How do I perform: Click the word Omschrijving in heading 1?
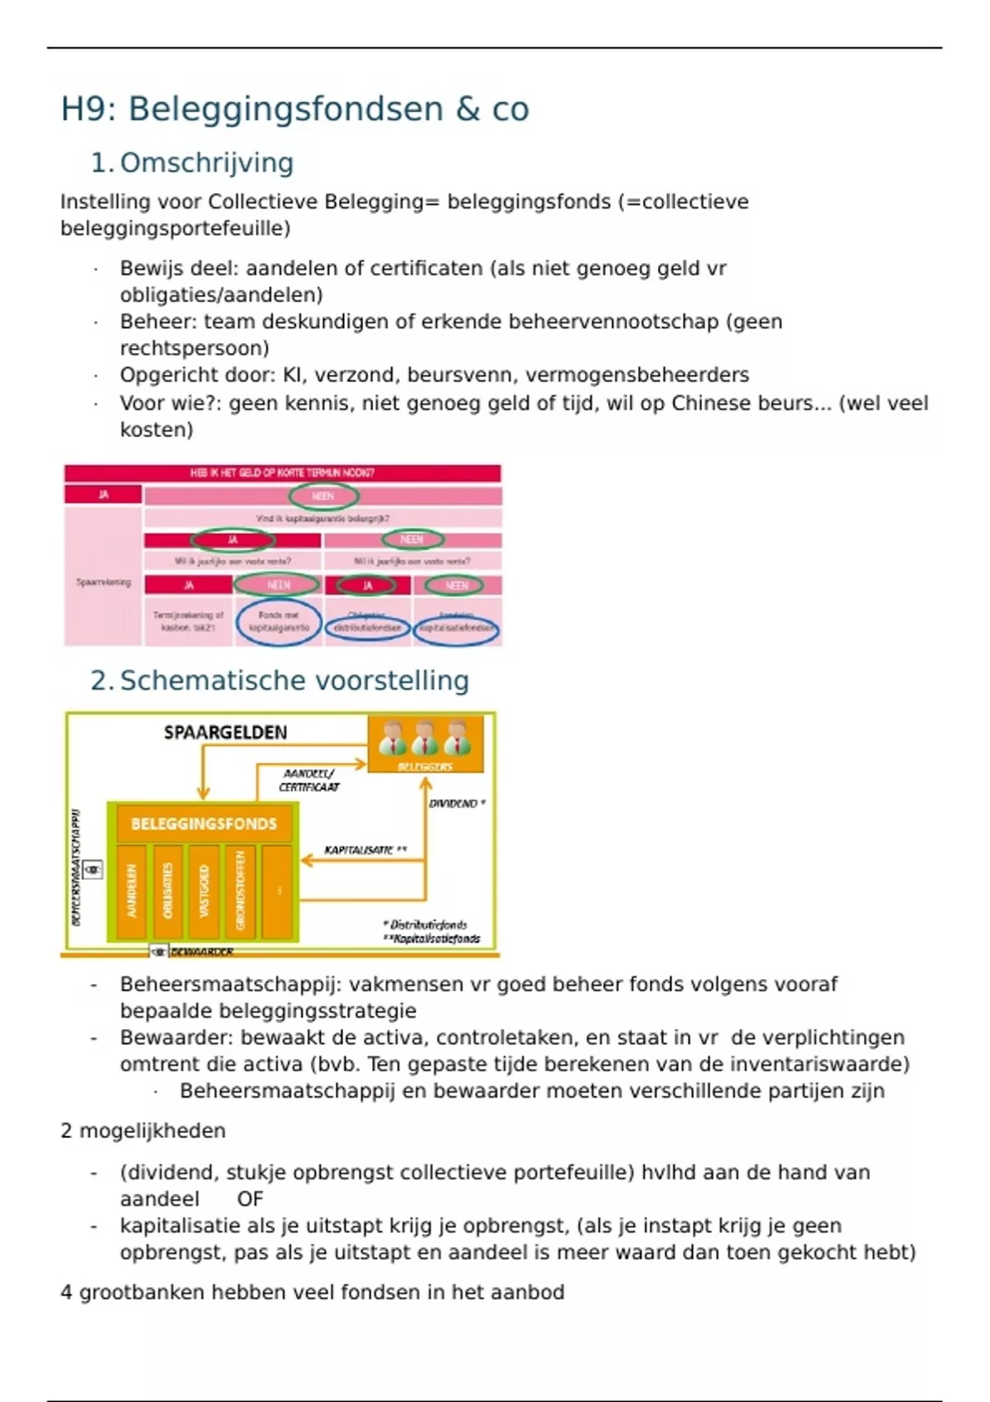(x=206, y=163)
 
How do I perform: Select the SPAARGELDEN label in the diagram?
(x=225, y=732)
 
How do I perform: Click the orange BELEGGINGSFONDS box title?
(x=204, y=824)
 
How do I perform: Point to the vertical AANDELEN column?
(x=131, y=891)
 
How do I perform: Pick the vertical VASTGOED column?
(x=204, y=891)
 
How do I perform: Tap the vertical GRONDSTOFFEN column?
(x=240, y=891)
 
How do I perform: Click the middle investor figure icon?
(x=425, y=738)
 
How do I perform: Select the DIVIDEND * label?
(x=456, y=803)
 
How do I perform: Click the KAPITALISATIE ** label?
(x=365, y=849)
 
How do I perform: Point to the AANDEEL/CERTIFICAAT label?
(x=309, y=780)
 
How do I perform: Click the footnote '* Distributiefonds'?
(x=426, y=924)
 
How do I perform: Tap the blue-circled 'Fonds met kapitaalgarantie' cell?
(x=279, y=622)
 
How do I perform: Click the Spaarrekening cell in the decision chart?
(x=103, y=582)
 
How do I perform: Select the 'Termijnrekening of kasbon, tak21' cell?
(x=188, y=622)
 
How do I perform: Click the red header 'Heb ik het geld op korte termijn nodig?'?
(x=282, y=473)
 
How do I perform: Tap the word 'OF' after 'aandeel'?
(x=250, y=1199)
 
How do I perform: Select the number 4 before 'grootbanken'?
(x=66, y=1292)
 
